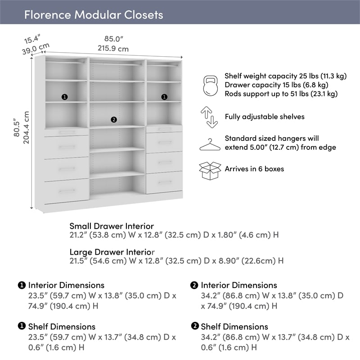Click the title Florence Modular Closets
point(93,14)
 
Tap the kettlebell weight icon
point(210,85)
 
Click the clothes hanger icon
point(210,144)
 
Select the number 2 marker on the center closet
point(113,119)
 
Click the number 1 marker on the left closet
point(65,97)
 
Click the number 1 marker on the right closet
point(164,97)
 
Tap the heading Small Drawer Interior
point(112,226)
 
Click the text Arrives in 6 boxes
point(254,169)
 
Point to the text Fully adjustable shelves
point(265,117)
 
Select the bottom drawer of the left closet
point(67,191)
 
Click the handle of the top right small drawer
point(165,129)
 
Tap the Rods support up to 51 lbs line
point(281,94)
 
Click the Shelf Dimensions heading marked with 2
point(234,327)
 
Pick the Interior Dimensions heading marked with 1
point(66,285)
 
